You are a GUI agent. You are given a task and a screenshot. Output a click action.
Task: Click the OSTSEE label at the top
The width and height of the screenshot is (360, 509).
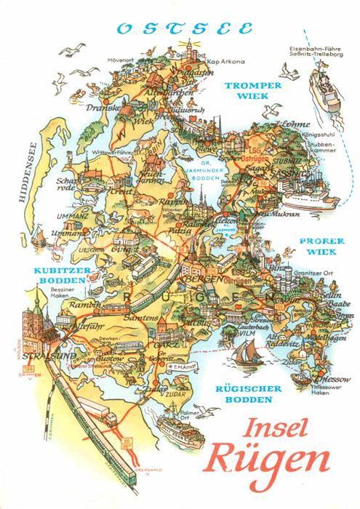click(x=185, y=30)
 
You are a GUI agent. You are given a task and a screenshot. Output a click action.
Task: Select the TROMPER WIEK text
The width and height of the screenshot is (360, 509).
click(x=252, y=89)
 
